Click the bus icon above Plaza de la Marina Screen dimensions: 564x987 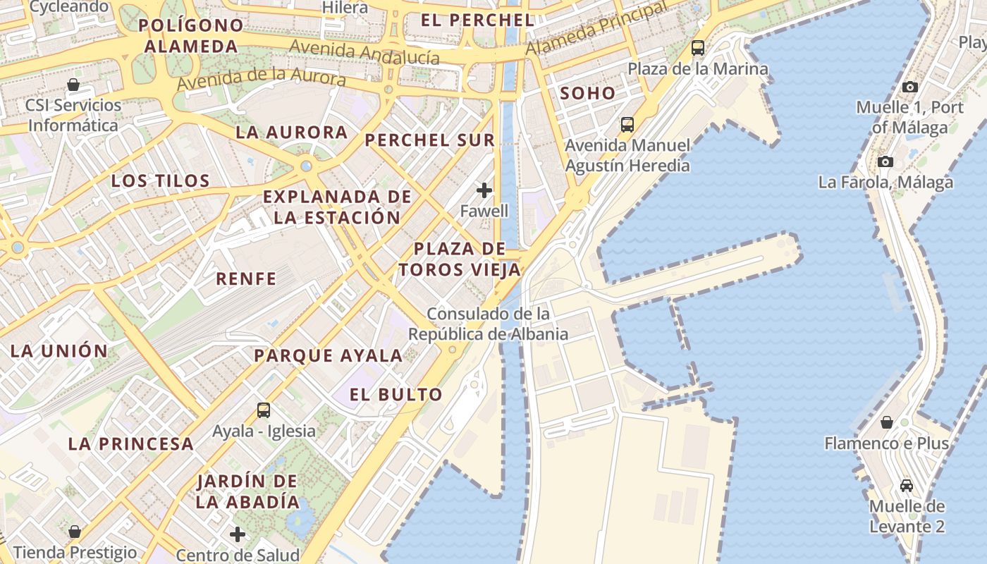pos(698,48)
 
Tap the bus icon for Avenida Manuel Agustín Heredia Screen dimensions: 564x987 pos(627,125)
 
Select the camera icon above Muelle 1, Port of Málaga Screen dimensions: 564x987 pos(910,87)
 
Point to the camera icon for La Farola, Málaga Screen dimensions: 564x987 pos(885,161)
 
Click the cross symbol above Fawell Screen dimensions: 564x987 pos(484,190)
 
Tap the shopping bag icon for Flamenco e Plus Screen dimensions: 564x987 pos(887,422)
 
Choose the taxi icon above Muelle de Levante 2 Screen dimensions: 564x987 pos(907,486)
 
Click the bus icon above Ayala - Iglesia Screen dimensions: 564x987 pos(264,410)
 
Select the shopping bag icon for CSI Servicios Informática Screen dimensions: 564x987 pos(73,85)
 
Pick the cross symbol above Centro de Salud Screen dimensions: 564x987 pos(238,534)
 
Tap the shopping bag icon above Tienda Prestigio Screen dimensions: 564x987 pos(75,532)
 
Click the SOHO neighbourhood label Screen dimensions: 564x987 pos(587,93)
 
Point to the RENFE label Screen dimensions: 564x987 pos(246,278)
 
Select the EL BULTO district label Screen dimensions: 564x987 pos(396,394)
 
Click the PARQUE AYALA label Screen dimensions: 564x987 pos(329,355)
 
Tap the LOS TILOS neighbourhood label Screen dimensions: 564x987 pos(161,180)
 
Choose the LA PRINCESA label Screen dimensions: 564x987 pos(130,443)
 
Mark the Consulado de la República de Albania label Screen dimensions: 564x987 pos(489,324)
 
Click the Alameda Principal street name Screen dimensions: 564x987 pos(596,30)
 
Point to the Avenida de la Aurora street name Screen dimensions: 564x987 pos(262,77)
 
